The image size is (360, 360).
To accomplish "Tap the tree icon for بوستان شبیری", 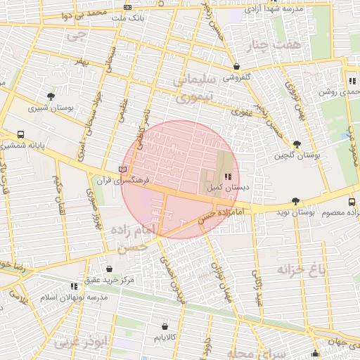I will click(x=51, y=96).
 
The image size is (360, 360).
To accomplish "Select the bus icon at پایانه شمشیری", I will click(x=20, y=134).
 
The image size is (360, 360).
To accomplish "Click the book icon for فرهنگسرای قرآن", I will click(x=124, y=169).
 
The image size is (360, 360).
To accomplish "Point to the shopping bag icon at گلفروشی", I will click(x=236, y=67).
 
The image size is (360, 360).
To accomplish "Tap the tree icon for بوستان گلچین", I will click(x=297, y=143).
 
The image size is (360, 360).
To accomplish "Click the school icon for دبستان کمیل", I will click(x=226, y=176).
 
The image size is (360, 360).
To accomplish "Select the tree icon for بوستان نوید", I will click(x=295, y=200).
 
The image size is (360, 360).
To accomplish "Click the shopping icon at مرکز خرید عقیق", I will click(x=109, y=269).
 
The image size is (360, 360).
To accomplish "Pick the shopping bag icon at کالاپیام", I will click(x=165, y=326).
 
